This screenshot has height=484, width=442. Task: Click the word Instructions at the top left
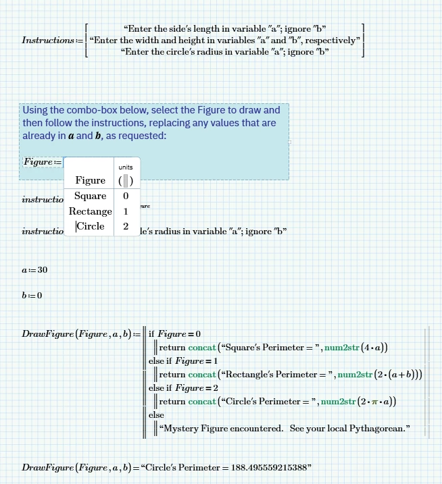47,40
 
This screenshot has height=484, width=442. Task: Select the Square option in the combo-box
91,196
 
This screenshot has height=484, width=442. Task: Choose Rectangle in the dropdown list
91,211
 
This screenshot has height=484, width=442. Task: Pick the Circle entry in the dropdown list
91,226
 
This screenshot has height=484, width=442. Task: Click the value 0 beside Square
126,196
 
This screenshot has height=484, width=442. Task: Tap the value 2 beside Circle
126,226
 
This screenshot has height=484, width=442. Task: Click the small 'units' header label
126,167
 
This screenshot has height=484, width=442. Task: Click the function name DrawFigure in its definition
47,333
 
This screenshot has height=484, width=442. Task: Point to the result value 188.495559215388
269,467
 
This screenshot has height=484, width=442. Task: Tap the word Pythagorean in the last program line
376,428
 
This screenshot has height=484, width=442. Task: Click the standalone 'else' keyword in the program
156,415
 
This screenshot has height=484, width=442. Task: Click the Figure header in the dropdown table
91,180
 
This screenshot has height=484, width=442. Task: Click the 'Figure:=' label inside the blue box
42,162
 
